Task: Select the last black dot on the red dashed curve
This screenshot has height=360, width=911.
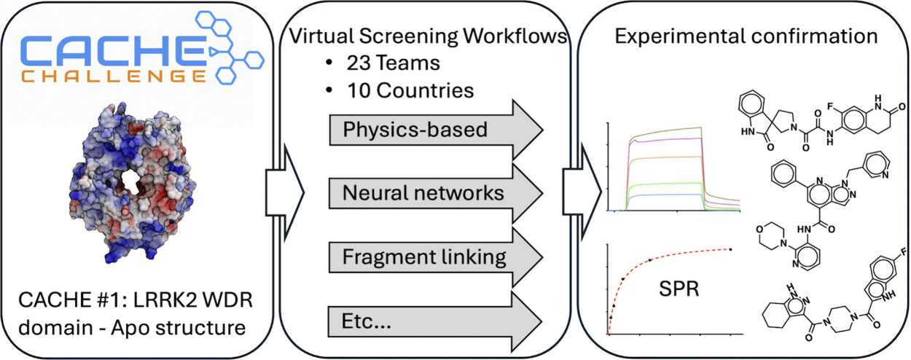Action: click(x=731, y=250)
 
